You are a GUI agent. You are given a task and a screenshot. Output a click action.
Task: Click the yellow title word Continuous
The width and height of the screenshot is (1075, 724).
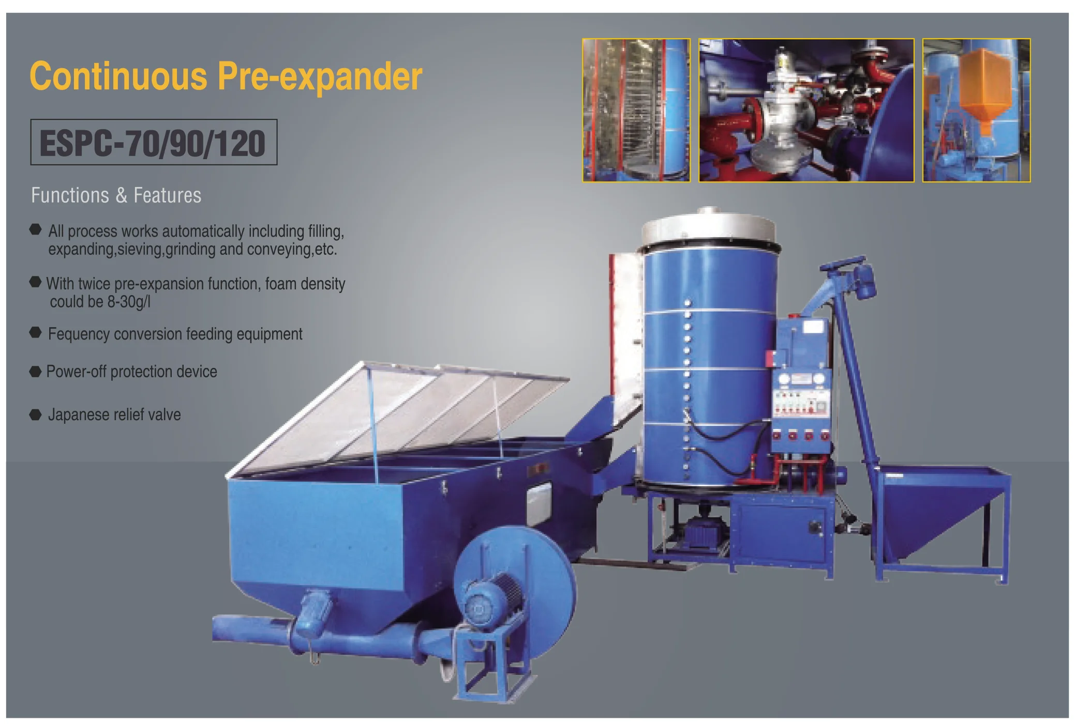[118, 76]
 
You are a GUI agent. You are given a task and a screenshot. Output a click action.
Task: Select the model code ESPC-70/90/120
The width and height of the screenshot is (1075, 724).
[153, 143]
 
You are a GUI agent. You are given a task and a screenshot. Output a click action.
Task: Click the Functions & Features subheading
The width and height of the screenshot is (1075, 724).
[116, 195]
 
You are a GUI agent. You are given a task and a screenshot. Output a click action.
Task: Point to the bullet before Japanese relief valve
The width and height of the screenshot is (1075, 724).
[35, 414]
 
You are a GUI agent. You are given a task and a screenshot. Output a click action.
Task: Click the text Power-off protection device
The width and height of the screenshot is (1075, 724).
[131, 372]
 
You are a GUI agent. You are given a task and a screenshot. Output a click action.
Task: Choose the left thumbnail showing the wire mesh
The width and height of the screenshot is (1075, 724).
[636, 110]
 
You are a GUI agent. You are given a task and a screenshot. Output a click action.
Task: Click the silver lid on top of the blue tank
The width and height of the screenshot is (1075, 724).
[709, 227]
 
